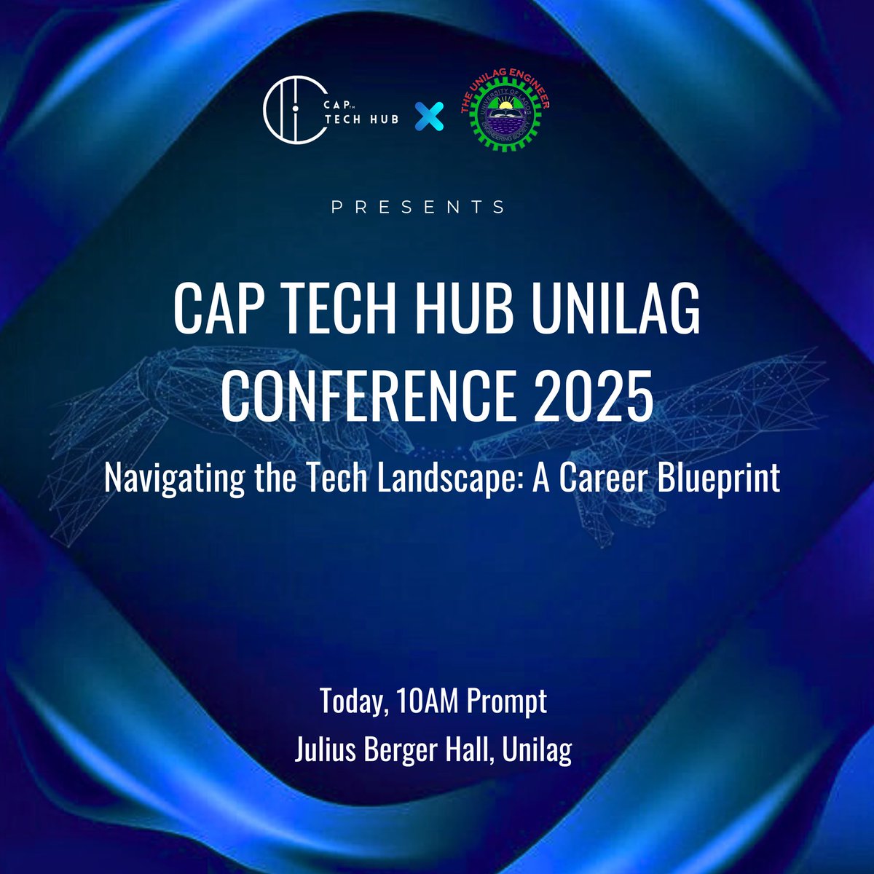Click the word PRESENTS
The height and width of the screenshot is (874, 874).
(x=419, y=208)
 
